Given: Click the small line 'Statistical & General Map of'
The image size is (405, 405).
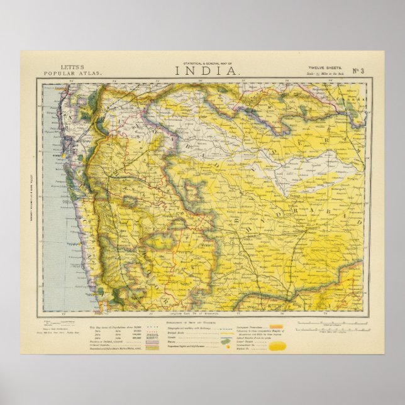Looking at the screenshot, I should pos(202,63).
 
